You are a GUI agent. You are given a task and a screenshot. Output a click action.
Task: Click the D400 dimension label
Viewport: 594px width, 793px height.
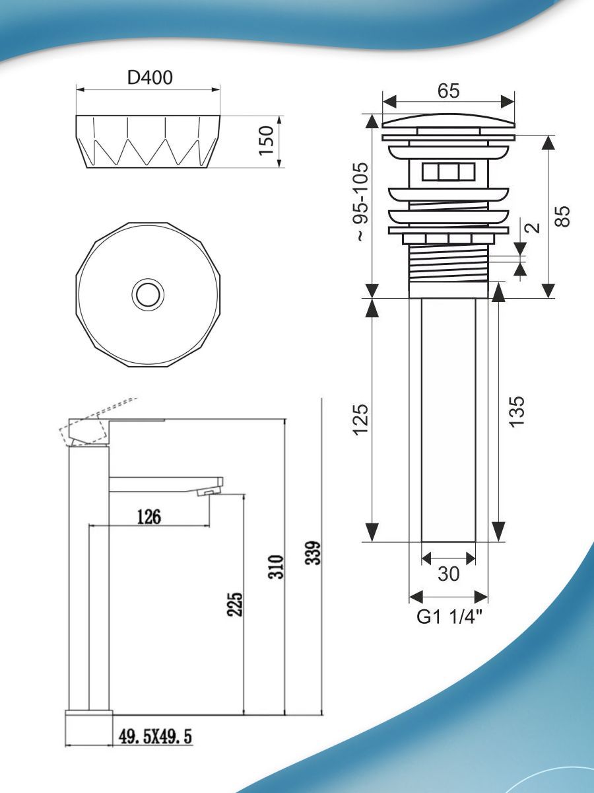[150, 78]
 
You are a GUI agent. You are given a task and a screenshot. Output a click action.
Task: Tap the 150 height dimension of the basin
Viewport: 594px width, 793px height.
[267, 141]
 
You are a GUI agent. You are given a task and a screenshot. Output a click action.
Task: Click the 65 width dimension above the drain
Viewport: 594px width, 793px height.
[449, 91]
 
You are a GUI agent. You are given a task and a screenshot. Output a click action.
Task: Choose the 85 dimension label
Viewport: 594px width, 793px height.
[562, 216]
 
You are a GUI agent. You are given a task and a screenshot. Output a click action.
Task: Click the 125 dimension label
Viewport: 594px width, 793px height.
[362, 420]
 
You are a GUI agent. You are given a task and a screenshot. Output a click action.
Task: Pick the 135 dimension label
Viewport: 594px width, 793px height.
[516, 412]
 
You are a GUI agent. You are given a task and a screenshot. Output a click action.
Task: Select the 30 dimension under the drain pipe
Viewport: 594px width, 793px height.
[449, 573]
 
